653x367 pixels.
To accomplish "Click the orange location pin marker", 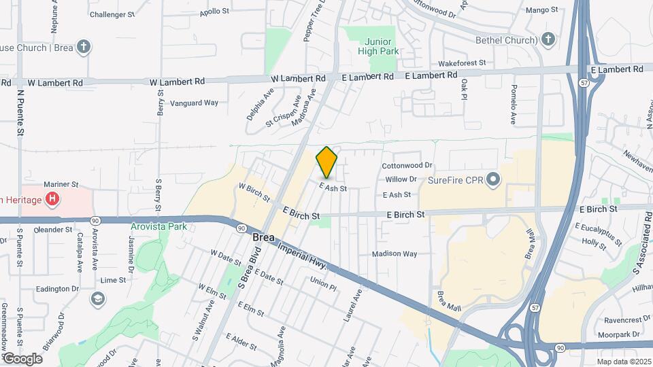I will click(326, 162).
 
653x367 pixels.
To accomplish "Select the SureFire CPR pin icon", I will click(494, 180).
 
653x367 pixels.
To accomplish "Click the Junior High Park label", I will click(379, 46).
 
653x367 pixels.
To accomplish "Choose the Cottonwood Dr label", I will click(407, 165).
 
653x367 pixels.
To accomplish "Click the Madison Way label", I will click(394, 254).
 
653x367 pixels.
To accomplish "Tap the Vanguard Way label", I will click(194, 103).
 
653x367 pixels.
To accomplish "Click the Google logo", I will click(23, 358).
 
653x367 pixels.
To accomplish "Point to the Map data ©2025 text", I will click(624, 362).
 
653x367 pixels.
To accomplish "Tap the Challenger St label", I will click(113, 14).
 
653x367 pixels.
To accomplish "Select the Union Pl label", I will click(323, 280).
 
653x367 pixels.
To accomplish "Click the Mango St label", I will click(542, 10).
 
